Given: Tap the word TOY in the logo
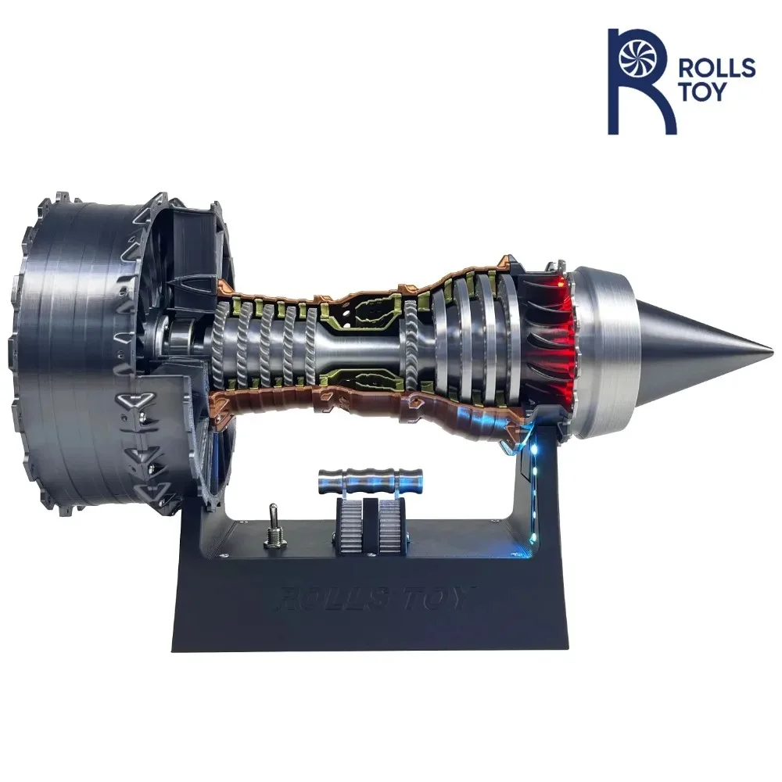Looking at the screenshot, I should coord(707,92).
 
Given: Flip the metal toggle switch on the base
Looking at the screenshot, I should coord(274,532).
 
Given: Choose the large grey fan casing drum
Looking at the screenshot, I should coord(74,344).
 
